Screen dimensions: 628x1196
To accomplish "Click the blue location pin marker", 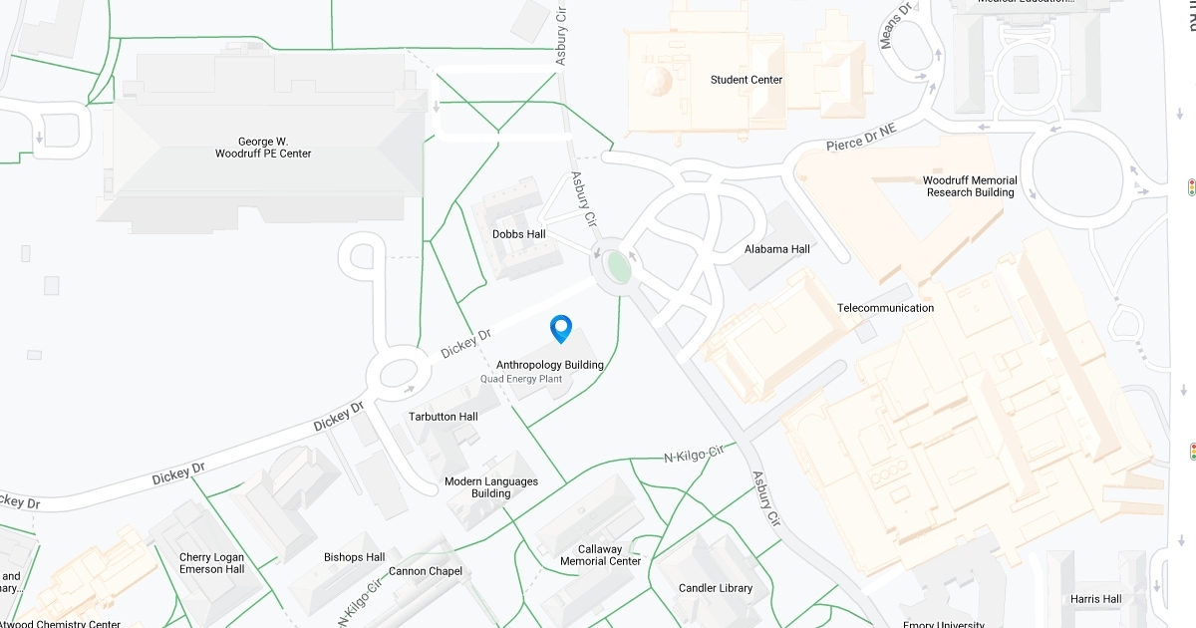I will coord(561,328).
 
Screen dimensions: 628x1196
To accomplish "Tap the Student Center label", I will coord(747,80).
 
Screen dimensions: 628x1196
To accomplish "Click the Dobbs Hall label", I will coord(519,234).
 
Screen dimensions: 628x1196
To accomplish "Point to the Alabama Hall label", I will coord(777,249).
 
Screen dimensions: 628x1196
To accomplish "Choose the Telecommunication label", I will coord(885,308).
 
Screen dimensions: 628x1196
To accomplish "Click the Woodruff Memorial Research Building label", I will coord(970,186).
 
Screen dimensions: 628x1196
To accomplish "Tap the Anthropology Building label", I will coord(550,365).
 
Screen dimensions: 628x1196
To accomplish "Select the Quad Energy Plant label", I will coord(521,380).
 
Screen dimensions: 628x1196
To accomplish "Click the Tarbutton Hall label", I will coord(444,417).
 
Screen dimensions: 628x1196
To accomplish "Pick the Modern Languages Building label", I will coord(491,487).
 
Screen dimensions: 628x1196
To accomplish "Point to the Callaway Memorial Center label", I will coord(600,555).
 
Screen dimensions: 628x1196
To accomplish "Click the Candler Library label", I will coord(716,588).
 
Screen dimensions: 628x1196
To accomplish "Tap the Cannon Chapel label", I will coord(426,571).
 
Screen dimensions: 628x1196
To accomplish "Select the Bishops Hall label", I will coord(355,557).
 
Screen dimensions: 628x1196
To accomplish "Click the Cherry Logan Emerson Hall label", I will coord(211,563).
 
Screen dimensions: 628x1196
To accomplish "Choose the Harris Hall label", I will coord(1095,599).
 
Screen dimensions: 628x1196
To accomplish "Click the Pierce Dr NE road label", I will coord(861,139).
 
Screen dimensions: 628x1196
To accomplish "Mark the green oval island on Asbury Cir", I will coord(619,267).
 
